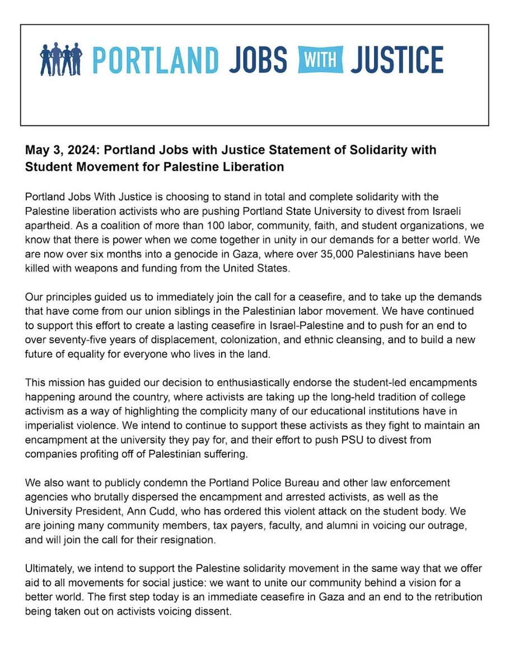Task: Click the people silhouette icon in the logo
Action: point(61,59)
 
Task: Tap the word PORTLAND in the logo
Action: point(155,59)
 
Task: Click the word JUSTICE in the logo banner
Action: point(396,59)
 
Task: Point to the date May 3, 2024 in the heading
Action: point(54,151)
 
